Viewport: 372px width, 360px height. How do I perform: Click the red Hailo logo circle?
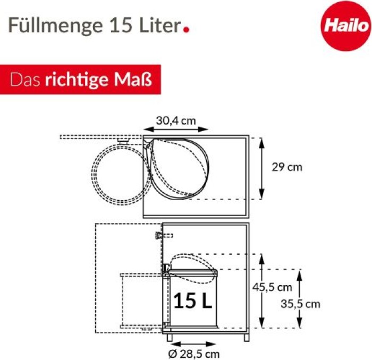[x=346, y=26]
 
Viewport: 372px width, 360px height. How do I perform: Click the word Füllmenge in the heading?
[x=55, y=25]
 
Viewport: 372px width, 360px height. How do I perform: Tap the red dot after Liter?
[x=187, y=30]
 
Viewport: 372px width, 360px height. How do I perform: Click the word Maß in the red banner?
[x=133, y=79]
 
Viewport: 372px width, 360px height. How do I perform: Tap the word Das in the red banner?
[x=25, y=80]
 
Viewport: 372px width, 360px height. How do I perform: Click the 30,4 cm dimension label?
[x=176, y=121]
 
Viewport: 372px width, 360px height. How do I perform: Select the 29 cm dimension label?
[x=287, y=167]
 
